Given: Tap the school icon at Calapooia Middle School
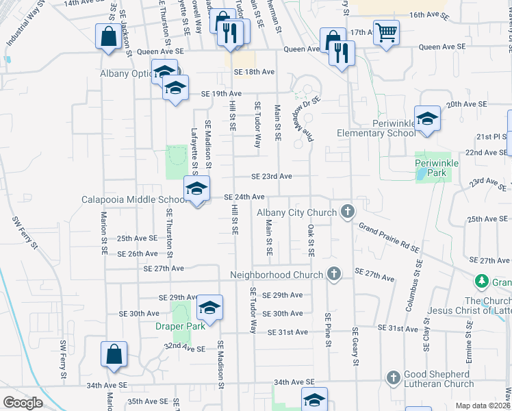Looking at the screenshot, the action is point(196,188).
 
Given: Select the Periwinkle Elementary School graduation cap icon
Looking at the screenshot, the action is point(427,119).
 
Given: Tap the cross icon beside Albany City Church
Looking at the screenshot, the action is point(348,212).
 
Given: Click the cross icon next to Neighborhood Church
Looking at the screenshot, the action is point(334,274).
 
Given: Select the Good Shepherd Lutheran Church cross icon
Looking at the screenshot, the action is point(394,377).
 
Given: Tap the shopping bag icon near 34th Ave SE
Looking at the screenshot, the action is point(114,353).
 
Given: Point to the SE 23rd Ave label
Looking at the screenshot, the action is point(272,176).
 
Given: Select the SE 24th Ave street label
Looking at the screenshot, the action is point(244,197).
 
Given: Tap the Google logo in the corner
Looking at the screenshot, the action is point(23,403).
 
